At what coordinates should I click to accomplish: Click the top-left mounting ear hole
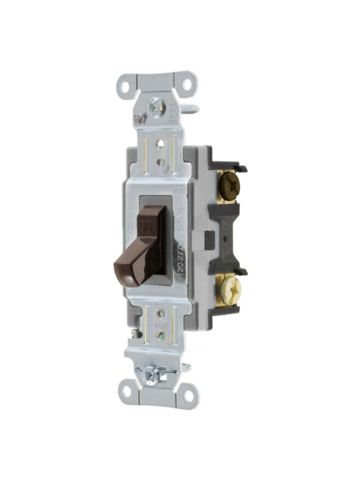[127, 82]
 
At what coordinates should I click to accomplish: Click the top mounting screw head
[156, 104]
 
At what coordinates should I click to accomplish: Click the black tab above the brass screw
[236, 272]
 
